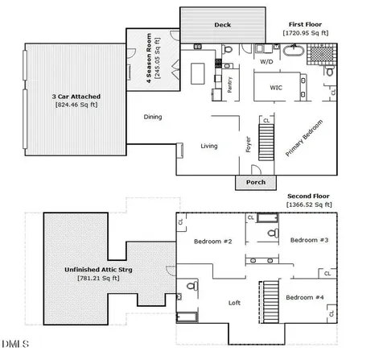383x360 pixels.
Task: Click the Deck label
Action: point(222,25)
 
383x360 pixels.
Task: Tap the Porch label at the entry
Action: point(256,182)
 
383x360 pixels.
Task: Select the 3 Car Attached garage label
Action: point(76,97)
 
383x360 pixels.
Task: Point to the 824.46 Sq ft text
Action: point(76,105)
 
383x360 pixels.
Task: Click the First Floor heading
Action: point(305,24)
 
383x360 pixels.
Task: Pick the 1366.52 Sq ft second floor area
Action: point(309,205)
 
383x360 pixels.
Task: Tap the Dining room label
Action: point(153,117)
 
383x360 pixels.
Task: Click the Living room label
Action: point(209,146)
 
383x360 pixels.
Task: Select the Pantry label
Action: point(229,85)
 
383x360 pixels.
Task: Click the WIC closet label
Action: point(276,88)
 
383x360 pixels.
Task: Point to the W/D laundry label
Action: point(266,62)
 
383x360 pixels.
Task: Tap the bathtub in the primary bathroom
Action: point(294,51)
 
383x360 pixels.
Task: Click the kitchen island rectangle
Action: point(198,73)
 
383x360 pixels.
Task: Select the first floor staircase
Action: point(266,142)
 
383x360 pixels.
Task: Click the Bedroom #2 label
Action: point(213,242)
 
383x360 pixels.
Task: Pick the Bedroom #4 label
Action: point(305,297)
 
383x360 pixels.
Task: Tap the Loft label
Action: point(234,303)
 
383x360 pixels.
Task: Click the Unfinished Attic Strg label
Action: point(98,270)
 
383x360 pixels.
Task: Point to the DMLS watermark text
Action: point(15,344)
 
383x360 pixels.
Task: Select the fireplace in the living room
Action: point(180,151)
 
